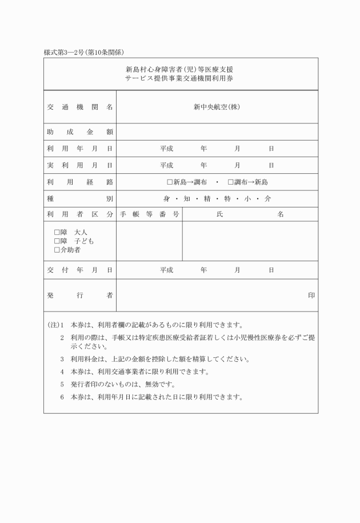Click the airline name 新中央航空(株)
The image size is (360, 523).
tap(217, 107)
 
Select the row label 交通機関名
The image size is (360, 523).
tap(79, 107)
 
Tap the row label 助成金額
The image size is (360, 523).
tap(79, 132)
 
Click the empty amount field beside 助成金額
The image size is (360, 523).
tap(217, 132)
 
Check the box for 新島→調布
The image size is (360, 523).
tap(170, 182)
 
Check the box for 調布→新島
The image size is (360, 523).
tap(230, 182)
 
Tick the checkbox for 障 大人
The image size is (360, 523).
tap(57, 233)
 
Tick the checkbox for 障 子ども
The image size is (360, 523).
tap(57, 241)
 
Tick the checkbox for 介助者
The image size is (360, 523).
tap(57, 250)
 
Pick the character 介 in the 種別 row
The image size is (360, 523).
tap(267, 199)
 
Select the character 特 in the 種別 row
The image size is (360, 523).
tap(227, 199)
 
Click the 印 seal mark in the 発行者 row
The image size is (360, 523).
tap(311, 296)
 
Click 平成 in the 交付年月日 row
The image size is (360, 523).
tap(166, 270)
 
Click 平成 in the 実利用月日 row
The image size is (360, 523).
tap(166, 165)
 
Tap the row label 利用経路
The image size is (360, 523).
tap(79, 182)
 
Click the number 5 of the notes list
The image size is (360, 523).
tap(62, 384)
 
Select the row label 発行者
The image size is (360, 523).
tap(79, 296)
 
